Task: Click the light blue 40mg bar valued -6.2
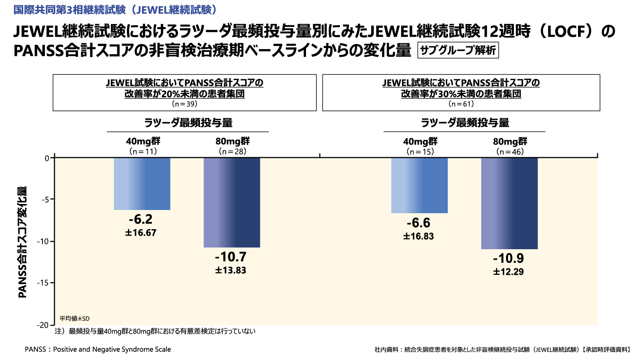(x=142, y=184)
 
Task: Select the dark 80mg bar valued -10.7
(x=232, y=202)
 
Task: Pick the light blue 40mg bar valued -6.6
(x=419, y=185)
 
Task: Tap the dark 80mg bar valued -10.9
(x=509, y=203)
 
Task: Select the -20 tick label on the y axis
(x=43, y=325)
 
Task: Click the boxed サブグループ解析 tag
(x=458, y=50)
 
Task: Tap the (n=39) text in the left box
(x=184, y=104)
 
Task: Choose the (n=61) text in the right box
(x=461, y=104)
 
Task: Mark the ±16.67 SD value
(x=141, y=233)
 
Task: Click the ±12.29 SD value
(x=508, y=272)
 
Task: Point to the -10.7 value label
(x=231, y=257)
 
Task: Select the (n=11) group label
(x=143, y=152)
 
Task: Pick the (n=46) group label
(x=510, y=152)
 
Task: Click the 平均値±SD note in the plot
(x=74, y=318)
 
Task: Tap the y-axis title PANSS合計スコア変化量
(x=22, y=242)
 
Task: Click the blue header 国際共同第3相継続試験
(x=115, y=10)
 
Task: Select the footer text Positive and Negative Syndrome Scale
(x=112, y=349)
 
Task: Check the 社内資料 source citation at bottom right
(x=502, y=350)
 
